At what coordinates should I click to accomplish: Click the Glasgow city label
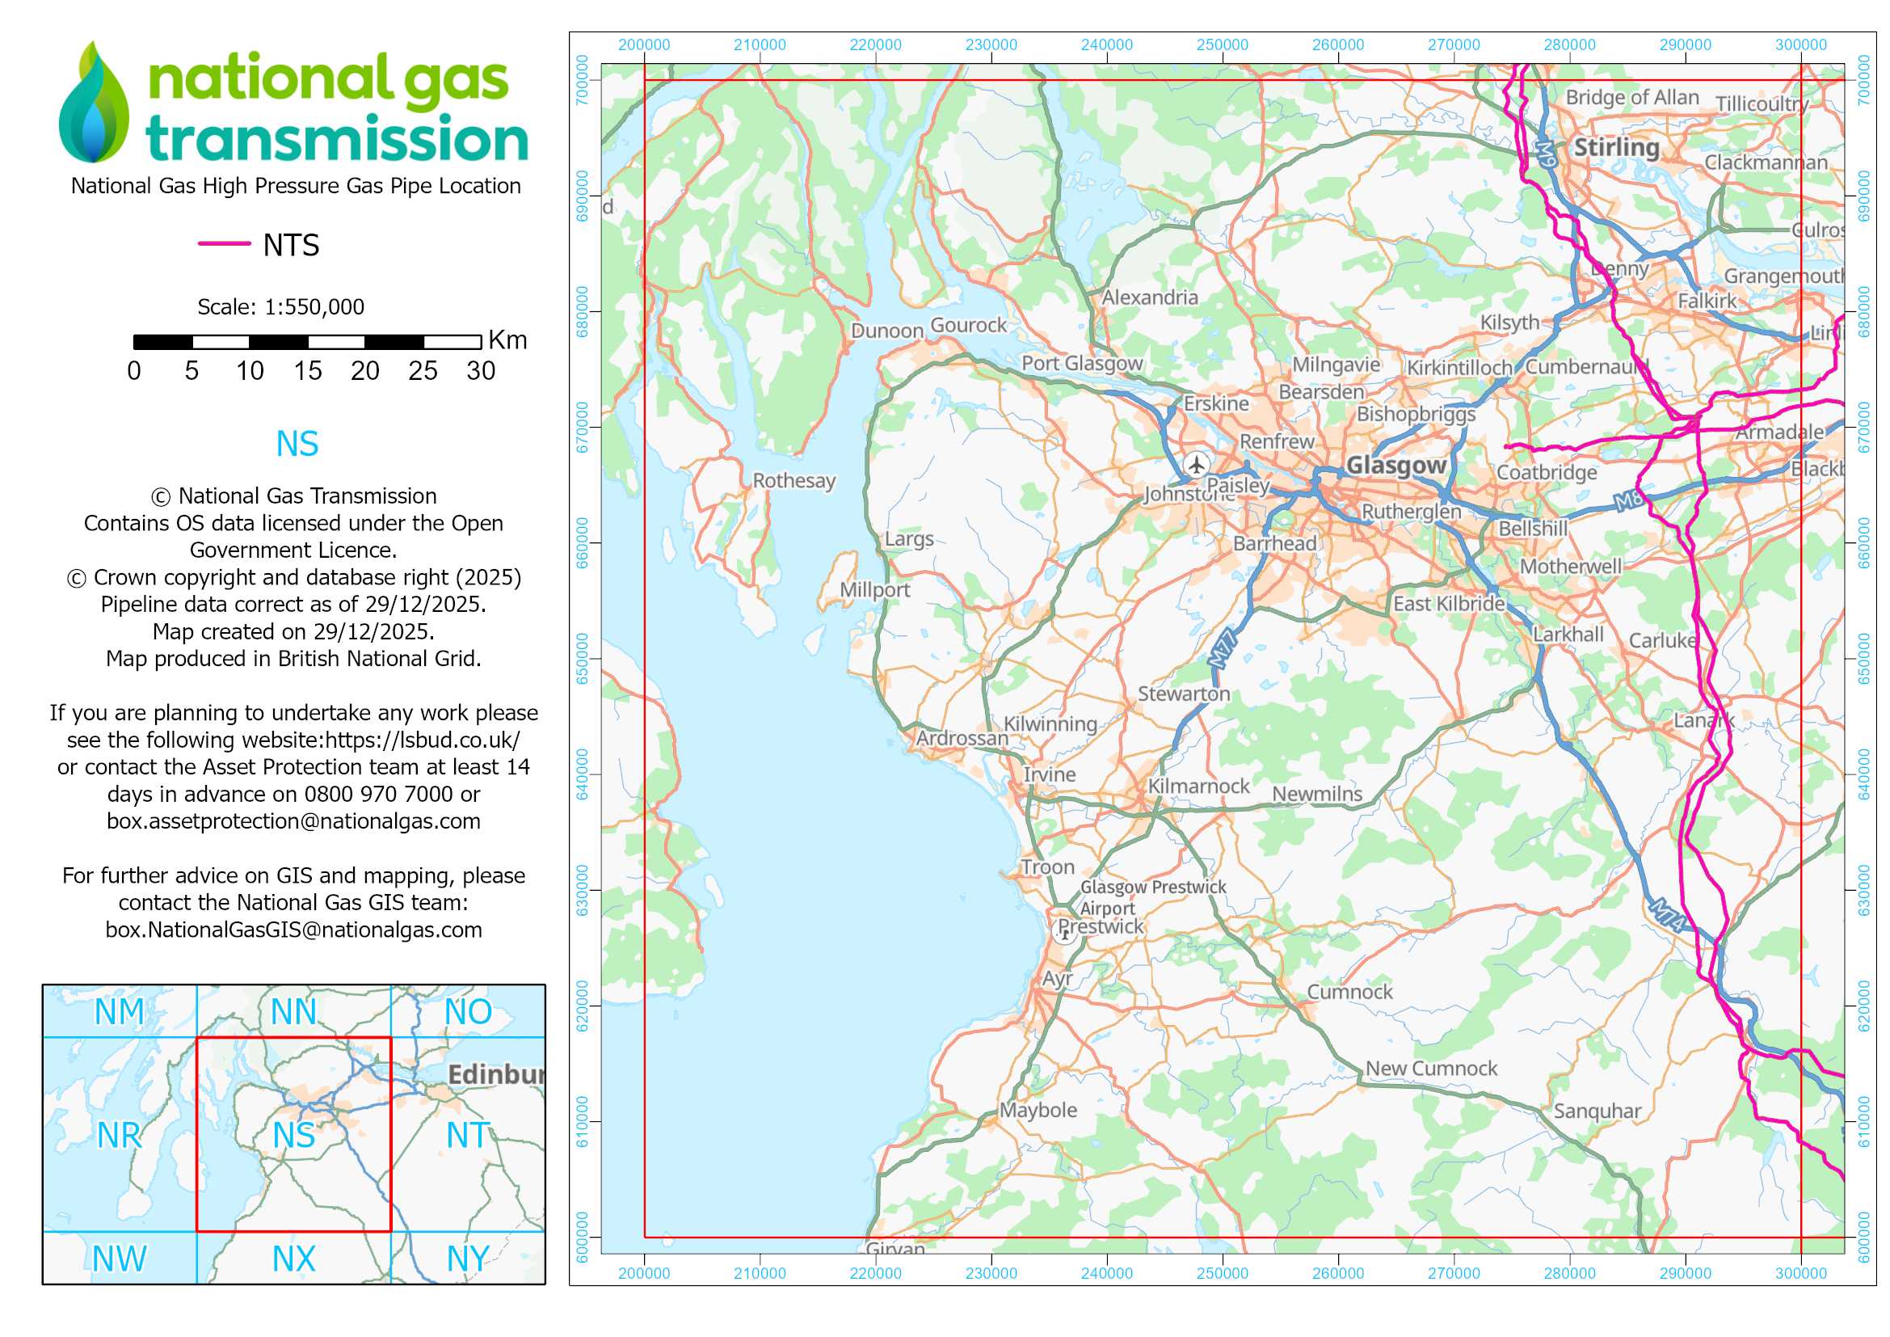(1396, 466)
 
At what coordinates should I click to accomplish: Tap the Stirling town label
(1616, 148)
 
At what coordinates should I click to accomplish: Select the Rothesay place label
(793, 481)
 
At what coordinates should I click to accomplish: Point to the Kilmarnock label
(1198, 787)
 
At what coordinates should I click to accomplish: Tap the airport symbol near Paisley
(1196, 464)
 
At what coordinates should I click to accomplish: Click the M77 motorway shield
(1223, 649)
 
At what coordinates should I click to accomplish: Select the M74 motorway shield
(1669, 917)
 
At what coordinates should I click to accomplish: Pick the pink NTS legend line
(224, 243)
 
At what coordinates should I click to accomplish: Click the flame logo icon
(94, 103)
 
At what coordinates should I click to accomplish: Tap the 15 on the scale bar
(307, 371)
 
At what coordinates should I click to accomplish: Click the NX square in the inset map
(294, 1259)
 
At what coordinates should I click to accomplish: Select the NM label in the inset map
(120, 1012)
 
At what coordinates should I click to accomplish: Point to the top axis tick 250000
(1223, 45)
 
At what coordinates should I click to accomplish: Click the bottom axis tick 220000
(875, 1274)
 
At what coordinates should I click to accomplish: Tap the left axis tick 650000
(583, 659)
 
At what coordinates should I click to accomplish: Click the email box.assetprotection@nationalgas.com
(293, 821)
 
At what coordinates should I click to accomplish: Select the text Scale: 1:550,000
(280, 307)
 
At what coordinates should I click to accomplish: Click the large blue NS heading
(297, 445)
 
